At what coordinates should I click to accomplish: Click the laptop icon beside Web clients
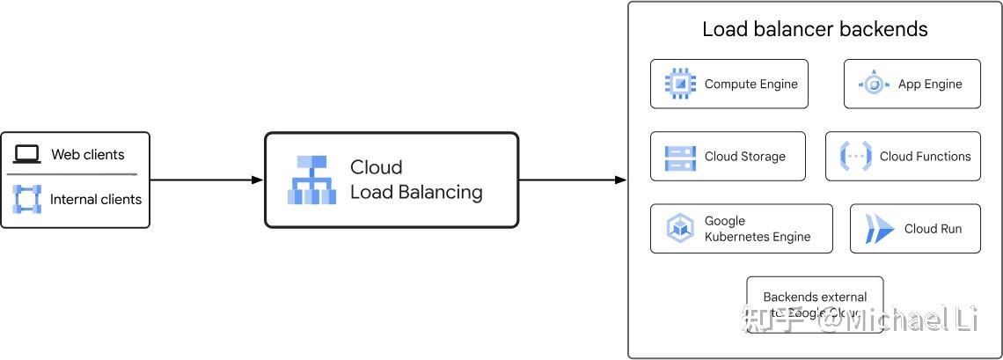(27, 155)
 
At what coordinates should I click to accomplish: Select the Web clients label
(88, 155)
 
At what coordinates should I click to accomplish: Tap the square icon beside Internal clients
(27, 199)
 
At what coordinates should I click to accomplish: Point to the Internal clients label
(95, 200)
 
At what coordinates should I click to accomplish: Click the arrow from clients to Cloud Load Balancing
(207, 180)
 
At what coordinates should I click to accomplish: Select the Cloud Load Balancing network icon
(311, 180)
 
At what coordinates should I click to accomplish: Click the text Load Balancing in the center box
(416, 192)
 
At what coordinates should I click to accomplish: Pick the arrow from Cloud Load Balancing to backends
(572, 180)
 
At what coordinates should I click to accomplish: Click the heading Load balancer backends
(815, 29)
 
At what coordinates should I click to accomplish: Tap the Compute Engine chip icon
(680, 84)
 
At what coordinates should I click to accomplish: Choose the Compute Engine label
(750, 84)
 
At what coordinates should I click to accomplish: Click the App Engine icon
(874, 84)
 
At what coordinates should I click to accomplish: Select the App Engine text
(930, 84)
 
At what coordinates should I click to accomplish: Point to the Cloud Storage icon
(680, 157)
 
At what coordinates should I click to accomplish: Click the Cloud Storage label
(744, 157)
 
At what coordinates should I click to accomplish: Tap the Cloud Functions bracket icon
(855, 157)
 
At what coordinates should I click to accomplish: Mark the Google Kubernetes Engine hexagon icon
(680, 229)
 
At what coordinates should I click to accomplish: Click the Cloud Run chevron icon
(879, 229)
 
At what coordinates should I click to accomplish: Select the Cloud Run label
(933, 229)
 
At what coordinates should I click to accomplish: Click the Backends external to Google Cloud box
(815, 305)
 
